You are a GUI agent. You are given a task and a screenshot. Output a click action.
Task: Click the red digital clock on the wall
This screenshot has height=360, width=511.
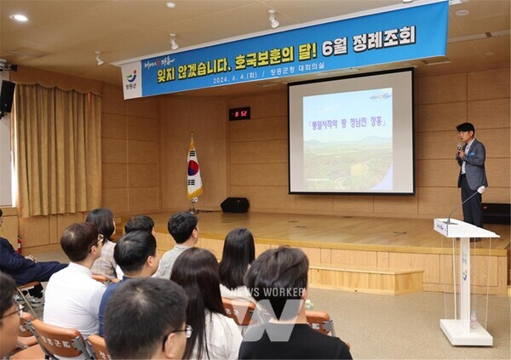pos(239,113)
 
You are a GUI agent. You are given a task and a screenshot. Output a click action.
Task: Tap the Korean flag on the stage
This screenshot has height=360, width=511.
pos(194,169)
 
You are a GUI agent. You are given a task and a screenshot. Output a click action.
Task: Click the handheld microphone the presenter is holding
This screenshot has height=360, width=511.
pos(461,148)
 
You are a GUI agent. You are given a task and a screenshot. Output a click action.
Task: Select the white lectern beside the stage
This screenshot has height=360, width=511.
pos(464,281)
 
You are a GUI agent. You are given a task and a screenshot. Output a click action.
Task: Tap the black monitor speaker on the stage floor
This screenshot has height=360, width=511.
pos(234,205)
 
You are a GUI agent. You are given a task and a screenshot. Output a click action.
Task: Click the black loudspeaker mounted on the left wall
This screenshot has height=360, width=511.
pos(8,97)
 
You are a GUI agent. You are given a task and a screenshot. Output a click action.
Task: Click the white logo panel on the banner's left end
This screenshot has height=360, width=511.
pos(131,81)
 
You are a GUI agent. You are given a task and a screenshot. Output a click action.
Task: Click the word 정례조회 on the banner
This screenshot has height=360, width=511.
pos(382,37)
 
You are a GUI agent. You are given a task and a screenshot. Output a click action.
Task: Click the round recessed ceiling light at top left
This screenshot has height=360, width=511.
pos(19,17)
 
